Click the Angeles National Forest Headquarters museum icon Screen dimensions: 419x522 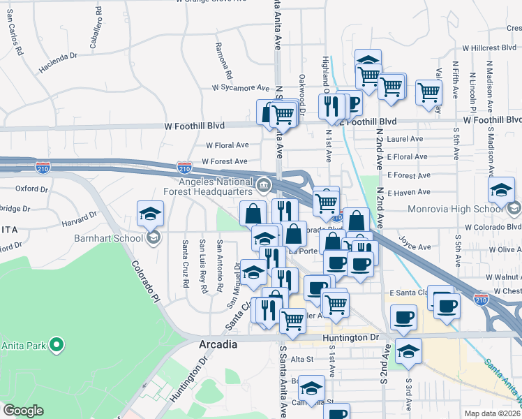(x=264, y=185)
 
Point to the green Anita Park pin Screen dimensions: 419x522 (x=57, y=345)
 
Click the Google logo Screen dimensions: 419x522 (x=23, y=411)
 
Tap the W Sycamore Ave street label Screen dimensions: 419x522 (x=241, y=89)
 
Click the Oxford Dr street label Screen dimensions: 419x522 (x=31, y=188)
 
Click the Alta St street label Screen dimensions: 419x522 (x=303, y=359)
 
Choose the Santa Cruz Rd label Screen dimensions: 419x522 (x=185, y=264)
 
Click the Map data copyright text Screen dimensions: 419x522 (x=492, y=413)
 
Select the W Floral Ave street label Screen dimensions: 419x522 (x=227, y=145)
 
